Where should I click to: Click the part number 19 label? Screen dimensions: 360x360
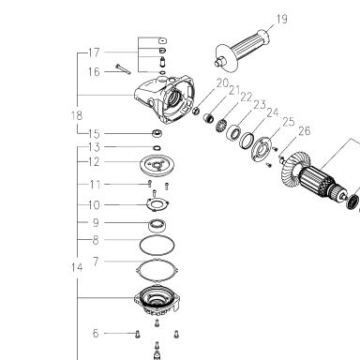click(281, 19)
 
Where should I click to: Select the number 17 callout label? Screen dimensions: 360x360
click(94, 52)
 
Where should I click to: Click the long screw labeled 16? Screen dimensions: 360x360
click(123, 69)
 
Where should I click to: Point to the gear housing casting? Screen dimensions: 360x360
click(165, 98)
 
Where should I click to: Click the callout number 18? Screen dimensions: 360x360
click(77, 115)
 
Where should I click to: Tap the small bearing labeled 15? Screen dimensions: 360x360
click(157, 133)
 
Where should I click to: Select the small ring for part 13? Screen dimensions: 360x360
click(157, 147)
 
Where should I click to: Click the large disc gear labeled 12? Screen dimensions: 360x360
click(157, 163)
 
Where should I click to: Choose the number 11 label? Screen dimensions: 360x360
click(95, 185)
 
